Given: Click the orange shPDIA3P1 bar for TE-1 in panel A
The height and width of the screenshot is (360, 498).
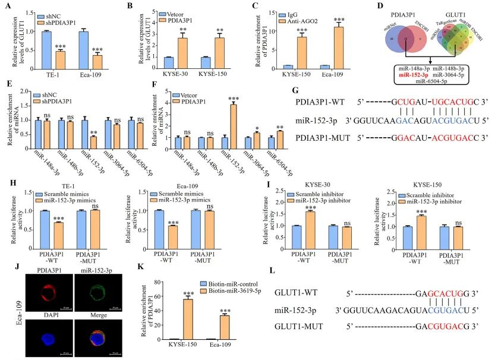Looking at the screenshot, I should (x=61, y=60).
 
